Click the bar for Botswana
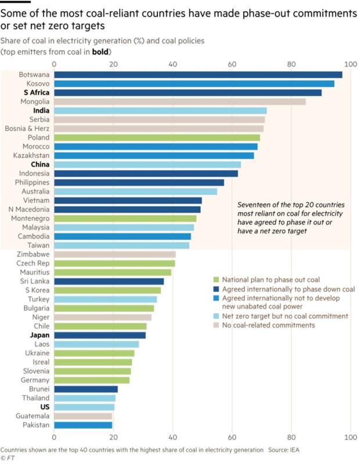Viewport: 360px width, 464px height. point(198,75)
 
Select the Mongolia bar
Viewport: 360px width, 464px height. point(180,102)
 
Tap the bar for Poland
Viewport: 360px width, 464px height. point(157,138)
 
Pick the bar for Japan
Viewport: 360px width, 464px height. point(100,335)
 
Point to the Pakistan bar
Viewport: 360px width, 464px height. point(83,425)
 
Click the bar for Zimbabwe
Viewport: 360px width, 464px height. point(115,254)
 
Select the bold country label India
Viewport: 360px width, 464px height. point(41,111)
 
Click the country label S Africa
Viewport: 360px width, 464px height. point(37,92)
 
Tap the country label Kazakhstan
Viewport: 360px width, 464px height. point(31,156)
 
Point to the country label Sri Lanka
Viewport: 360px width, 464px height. point(35,281)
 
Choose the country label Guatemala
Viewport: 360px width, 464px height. point(33,416)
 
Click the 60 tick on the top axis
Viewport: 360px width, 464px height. point(232,64)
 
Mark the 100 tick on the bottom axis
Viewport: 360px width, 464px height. point(351,437)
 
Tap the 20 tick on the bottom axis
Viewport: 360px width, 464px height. point(113,437)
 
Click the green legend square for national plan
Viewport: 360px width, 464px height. point(216,280)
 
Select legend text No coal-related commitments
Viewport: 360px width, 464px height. point(269,325)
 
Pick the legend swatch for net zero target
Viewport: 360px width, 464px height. point(216,316)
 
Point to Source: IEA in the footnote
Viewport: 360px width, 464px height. point(284,450)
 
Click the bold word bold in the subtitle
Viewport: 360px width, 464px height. point(100,52)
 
